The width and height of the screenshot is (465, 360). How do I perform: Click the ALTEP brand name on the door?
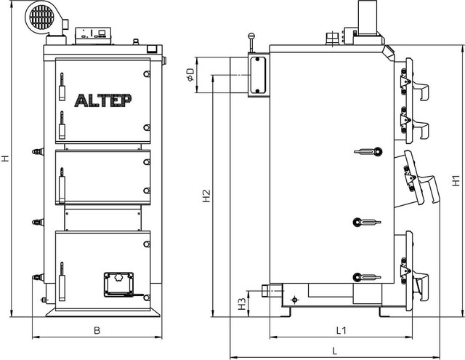click(103, 100)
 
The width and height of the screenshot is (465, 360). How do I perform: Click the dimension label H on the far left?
click(5, 159)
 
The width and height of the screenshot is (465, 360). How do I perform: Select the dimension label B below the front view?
click(97, 330)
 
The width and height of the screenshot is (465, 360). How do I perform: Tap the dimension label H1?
click(456, 181)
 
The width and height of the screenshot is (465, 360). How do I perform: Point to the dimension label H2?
click(206, 196)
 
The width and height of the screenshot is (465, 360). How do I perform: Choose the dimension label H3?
click(243, 304)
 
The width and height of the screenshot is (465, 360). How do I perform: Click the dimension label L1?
click(341, 330)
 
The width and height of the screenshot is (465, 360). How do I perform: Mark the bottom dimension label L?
click(335, 351)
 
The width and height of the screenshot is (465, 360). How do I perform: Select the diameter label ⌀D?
click(190, 75)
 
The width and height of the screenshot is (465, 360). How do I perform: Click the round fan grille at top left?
click(42, 17)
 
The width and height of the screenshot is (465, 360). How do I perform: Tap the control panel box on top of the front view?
click(93, 36)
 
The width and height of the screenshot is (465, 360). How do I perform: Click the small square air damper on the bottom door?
click(118, 284)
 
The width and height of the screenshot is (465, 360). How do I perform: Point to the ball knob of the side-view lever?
click(251, 36)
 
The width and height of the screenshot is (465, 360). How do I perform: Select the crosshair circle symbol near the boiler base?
click(294, 300)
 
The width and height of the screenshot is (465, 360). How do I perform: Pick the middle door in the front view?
click(103, 177)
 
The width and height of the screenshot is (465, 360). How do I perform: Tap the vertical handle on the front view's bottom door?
click(62, 281)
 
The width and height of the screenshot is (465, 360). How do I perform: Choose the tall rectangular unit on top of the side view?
click(368, 17)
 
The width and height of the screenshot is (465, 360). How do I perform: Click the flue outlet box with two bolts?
click(257, 76)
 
